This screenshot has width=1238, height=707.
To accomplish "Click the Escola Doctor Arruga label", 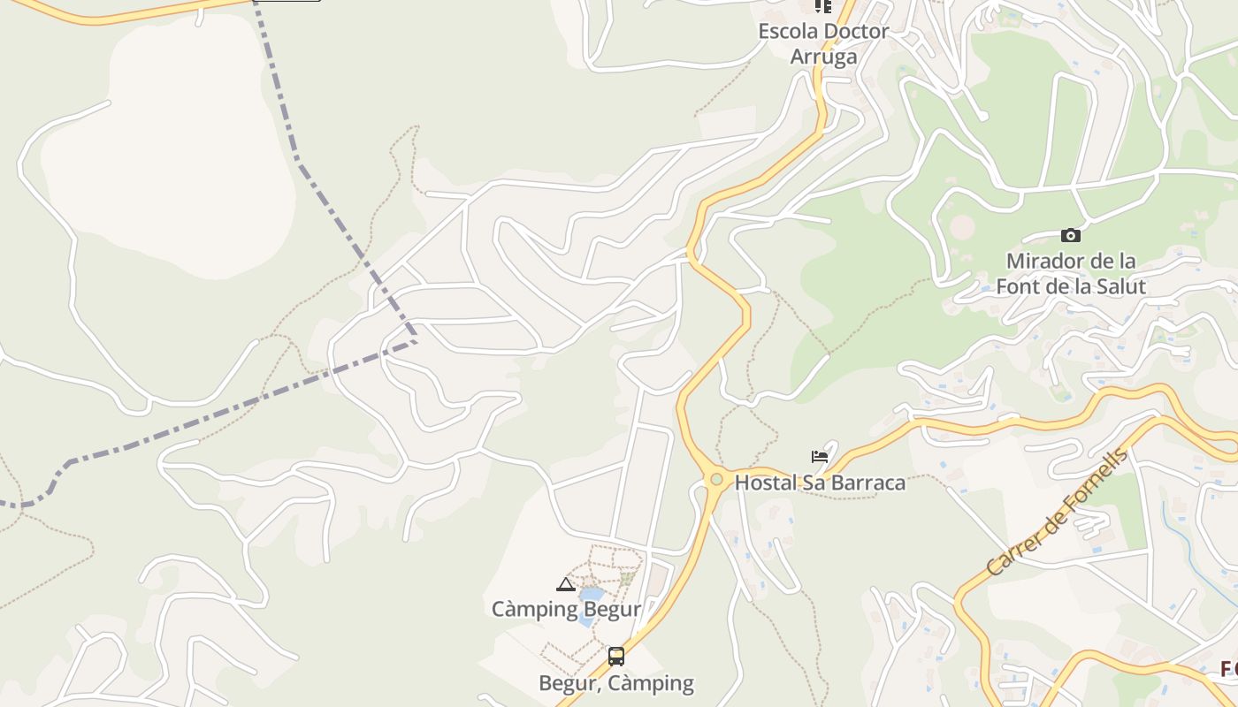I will (x=823, y=43).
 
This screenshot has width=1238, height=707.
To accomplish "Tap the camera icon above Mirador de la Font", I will (x=1070, y=235).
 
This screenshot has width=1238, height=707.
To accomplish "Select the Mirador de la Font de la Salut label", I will (x=1070, y=274).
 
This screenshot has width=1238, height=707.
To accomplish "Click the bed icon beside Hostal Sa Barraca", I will (x=820, y=457).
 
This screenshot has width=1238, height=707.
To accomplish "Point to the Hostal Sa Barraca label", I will (x=820, y=483).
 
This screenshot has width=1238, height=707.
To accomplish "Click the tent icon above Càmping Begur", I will (x=566, y=584).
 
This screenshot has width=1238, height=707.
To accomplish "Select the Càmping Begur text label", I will (x=566, y=609).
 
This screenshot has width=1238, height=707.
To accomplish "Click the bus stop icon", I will (x=616, y=657).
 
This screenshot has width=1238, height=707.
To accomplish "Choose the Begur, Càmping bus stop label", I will (x=616, y=683).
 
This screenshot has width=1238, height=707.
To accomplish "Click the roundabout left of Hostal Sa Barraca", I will (x=716, y=480).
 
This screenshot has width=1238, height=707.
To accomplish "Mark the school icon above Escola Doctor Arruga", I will (x=823, y=6).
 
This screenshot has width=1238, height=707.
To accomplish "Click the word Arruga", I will (x=823, y=57).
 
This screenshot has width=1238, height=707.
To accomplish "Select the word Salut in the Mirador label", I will (x=1119, y=286).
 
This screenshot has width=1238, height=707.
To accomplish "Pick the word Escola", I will (x=788, y=31).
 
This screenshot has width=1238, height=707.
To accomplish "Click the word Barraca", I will (x=868, y=483).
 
